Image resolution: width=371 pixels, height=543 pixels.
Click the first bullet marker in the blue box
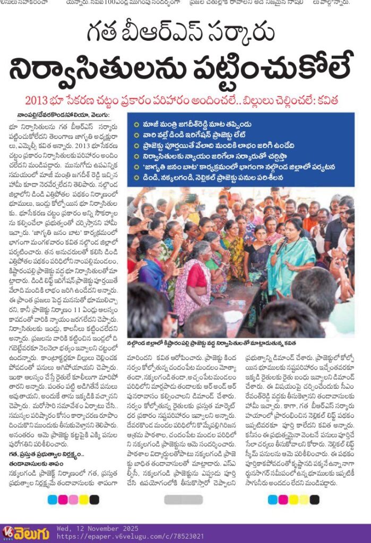click(x=136, y=123)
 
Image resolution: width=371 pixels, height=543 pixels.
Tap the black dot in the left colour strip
click(x=94, y=500)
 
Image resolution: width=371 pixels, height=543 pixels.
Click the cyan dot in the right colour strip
click(x=273, y=500)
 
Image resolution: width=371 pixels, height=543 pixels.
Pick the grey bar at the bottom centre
click(x=184, y=500)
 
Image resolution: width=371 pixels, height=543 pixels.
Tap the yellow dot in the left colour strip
click(x=82, y=500)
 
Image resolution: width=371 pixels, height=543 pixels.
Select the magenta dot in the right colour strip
click(x=283, y=500)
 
